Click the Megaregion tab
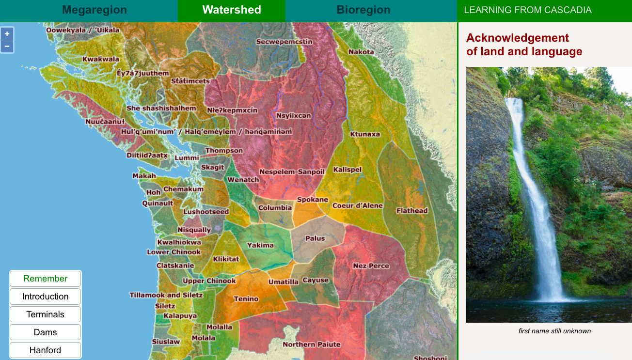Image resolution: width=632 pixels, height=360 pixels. point(95,10)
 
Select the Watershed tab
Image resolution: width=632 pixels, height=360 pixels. point(232,10)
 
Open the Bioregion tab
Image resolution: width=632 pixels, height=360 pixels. point(363,10)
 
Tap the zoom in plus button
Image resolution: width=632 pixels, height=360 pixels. point(7,34)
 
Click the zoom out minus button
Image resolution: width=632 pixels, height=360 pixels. point(7,47)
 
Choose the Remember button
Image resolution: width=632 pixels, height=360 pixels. point(46,279)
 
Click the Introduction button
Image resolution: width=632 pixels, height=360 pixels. point(46,297)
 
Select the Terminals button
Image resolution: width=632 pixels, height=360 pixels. point(46,314)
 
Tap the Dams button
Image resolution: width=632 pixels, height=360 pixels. point(46,332)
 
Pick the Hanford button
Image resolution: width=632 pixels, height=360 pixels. point(46,350)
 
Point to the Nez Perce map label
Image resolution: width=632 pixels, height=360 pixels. point(371,266)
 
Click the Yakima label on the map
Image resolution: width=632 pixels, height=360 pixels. point(261,245)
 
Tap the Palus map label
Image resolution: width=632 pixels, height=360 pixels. point(315,238)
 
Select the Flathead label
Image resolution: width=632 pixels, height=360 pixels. point(412,211)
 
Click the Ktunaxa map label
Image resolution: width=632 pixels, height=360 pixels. point(365,134)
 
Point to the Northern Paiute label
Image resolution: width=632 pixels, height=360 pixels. point(312,344)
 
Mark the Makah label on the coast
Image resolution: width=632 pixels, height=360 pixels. point(144,176)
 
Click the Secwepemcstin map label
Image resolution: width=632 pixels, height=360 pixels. point(284,42)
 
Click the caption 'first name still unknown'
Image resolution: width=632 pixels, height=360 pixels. point(554,331)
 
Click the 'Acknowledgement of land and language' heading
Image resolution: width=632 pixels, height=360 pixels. point(524,45)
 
